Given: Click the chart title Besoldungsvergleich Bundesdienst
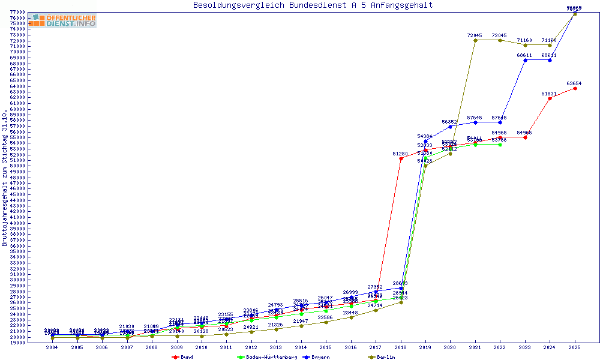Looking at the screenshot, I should point(313,5).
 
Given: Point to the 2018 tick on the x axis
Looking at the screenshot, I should point(401,347).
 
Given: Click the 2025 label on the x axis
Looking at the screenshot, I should point(575,347).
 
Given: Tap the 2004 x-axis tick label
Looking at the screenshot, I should point(53,347).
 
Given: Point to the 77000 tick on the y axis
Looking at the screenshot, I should point(17,13).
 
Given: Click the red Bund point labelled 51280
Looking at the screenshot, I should point(401,158).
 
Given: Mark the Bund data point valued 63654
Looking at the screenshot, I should point(575,88).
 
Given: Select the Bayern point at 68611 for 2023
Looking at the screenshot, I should point(525,60).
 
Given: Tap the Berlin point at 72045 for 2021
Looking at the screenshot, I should point(475,40).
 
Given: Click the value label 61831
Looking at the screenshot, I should point(550,94).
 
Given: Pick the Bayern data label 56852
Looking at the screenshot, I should point(450,122).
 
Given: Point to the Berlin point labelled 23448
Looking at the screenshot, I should point(351,317).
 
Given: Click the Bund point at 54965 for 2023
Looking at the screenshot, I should point(525,137).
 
